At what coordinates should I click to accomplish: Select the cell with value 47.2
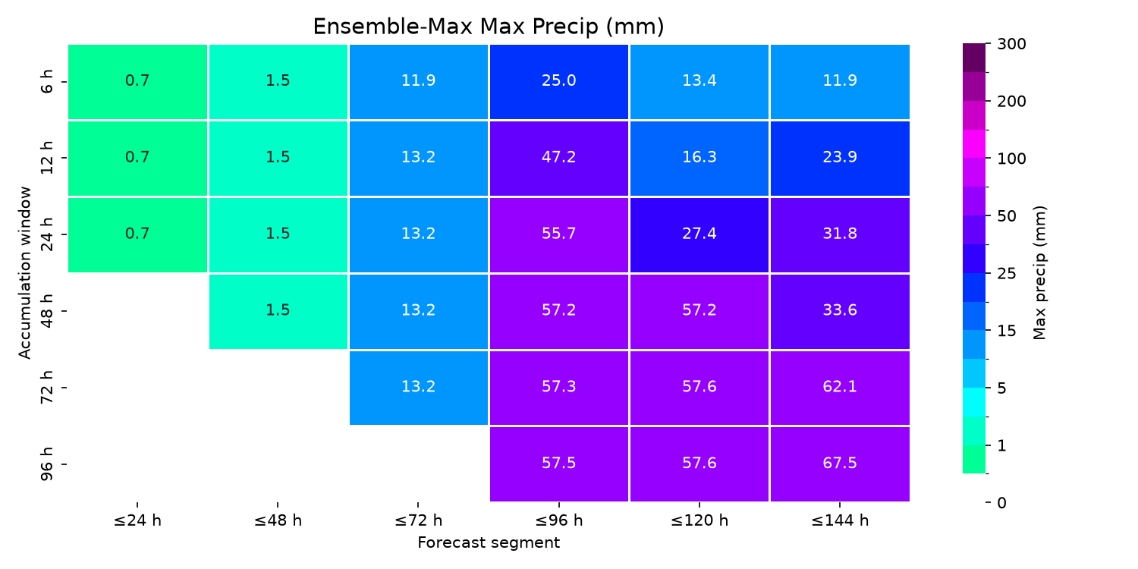click(x=559, y=158)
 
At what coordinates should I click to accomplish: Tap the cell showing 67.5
click(x=840, y=464)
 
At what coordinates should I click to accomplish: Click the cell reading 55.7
click(x=559, y=234)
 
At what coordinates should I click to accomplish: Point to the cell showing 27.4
click(x=699, y=234)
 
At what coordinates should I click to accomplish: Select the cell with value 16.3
click(x=699, y=158)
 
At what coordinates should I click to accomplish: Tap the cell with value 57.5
click(x=559, y=464)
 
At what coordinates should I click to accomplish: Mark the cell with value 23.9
click(x=840, y=158)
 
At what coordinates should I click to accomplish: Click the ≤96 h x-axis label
click(x=559, y=520)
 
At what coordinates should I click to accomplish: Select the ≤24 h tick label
click(x=137, y=520)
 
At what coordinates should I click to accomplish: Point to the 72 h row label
click(x=47, y=387)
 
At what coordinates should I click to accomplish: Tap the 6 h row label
click(x=47, y=82)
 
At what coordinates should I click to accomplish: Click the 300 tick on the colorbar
click(x=1011, y=44)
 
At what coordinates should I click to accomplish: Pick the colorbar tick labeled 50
click(x=1007, y=216)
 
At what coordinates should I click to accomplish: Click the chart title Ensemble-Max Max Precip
click(x=489, y=27)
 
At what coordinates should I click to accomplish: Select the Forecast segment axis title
click(x=489, y=542)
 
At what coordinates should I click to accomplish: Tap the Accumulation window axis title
click(x=24, y=273)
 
